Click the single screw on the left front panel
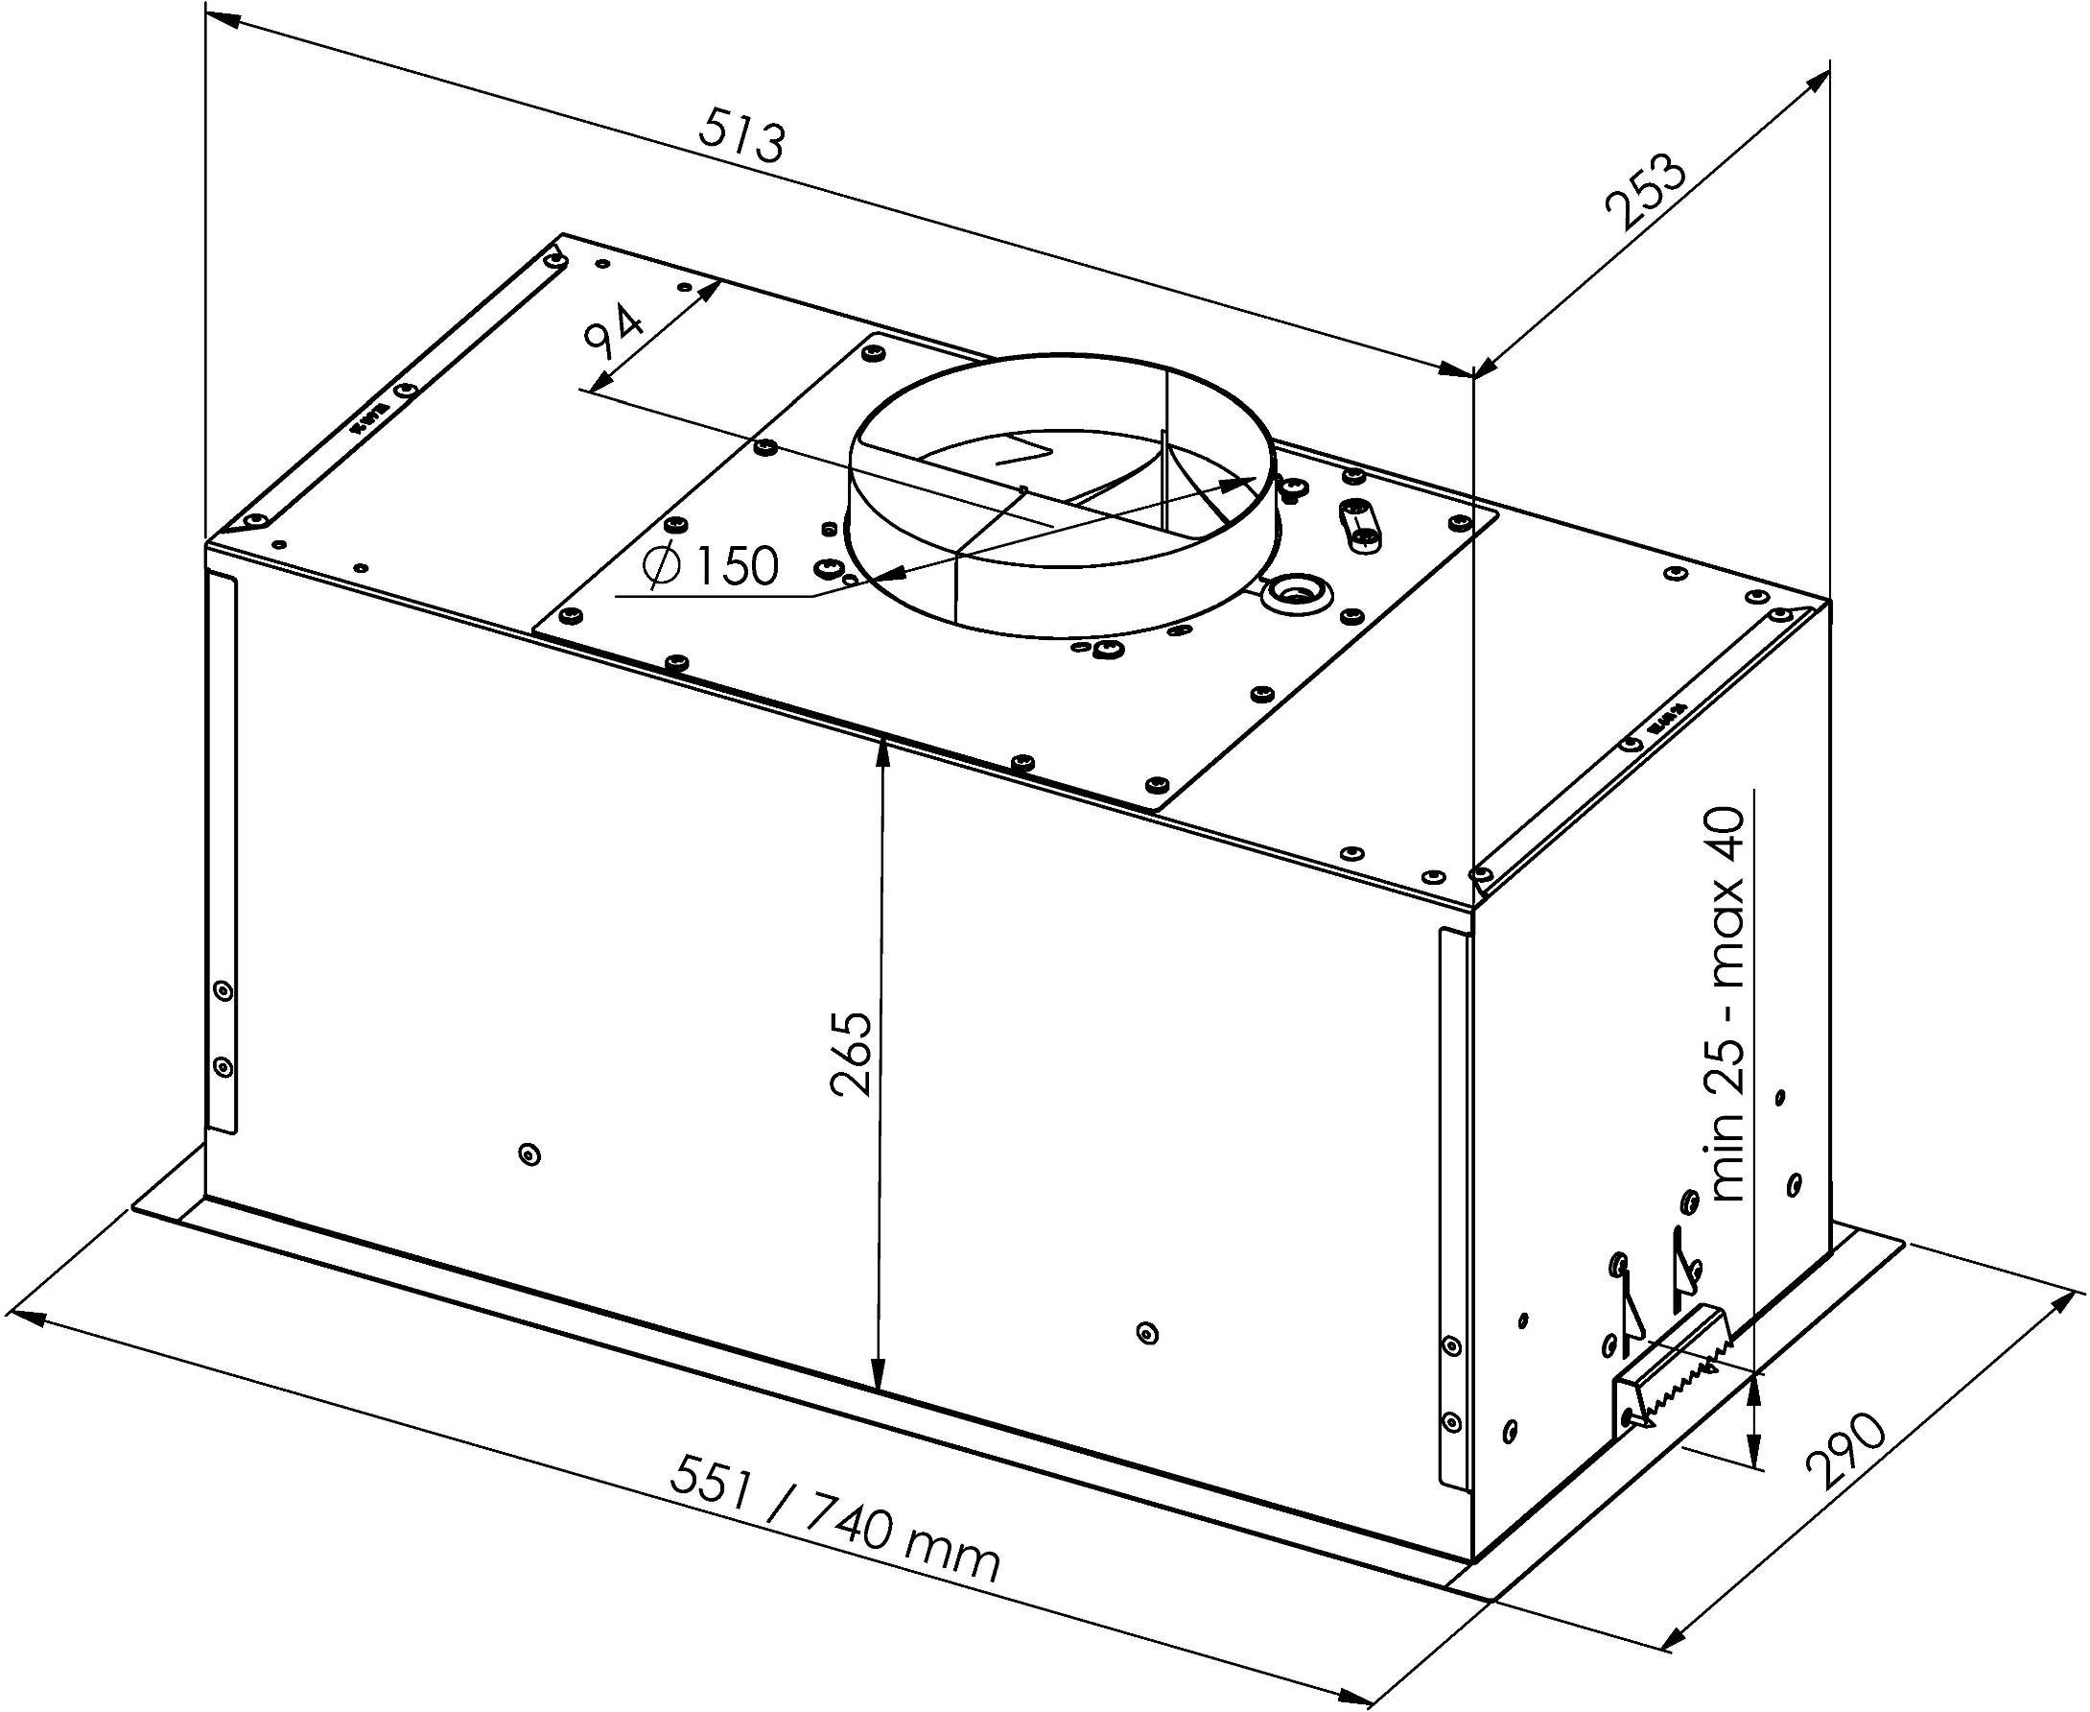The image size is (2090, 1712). [x=530, y=1153]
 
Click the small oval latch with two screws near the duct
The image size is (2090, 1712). [x=1359, y=522]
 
